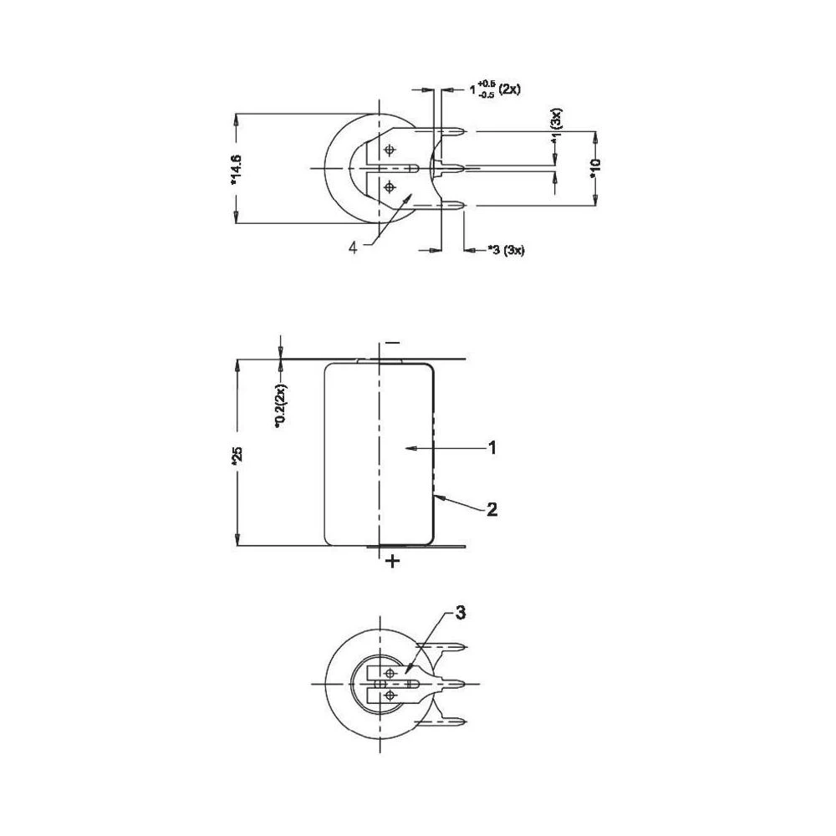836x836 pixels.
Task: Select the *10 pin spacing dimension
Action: pyautogui.click(x=594, y=168)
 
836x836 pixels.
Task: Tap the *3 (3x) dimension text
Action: pyautogui.click(x=505, y=250)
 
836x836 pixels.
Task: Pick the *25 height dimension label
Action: pyautogui.click(x=237, y=456)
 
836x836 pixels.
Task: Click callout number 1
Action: pyautogui.click(x=492, y=448)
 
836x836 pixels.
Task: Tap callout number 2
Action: pyautogui.click(x=492, y=508)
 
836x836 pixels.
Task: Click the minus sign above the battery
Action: pyautogui.click(x=392, y=344)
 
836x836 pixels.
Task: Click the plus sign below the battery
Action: pyautogui.click(x=392, y=562)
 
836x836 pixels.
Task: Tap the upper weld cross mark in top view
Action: pyautogui.click(x=389, y=150)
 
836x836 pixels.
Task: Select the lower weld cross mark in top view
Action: pyautogui.click(x=389, y=187)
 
